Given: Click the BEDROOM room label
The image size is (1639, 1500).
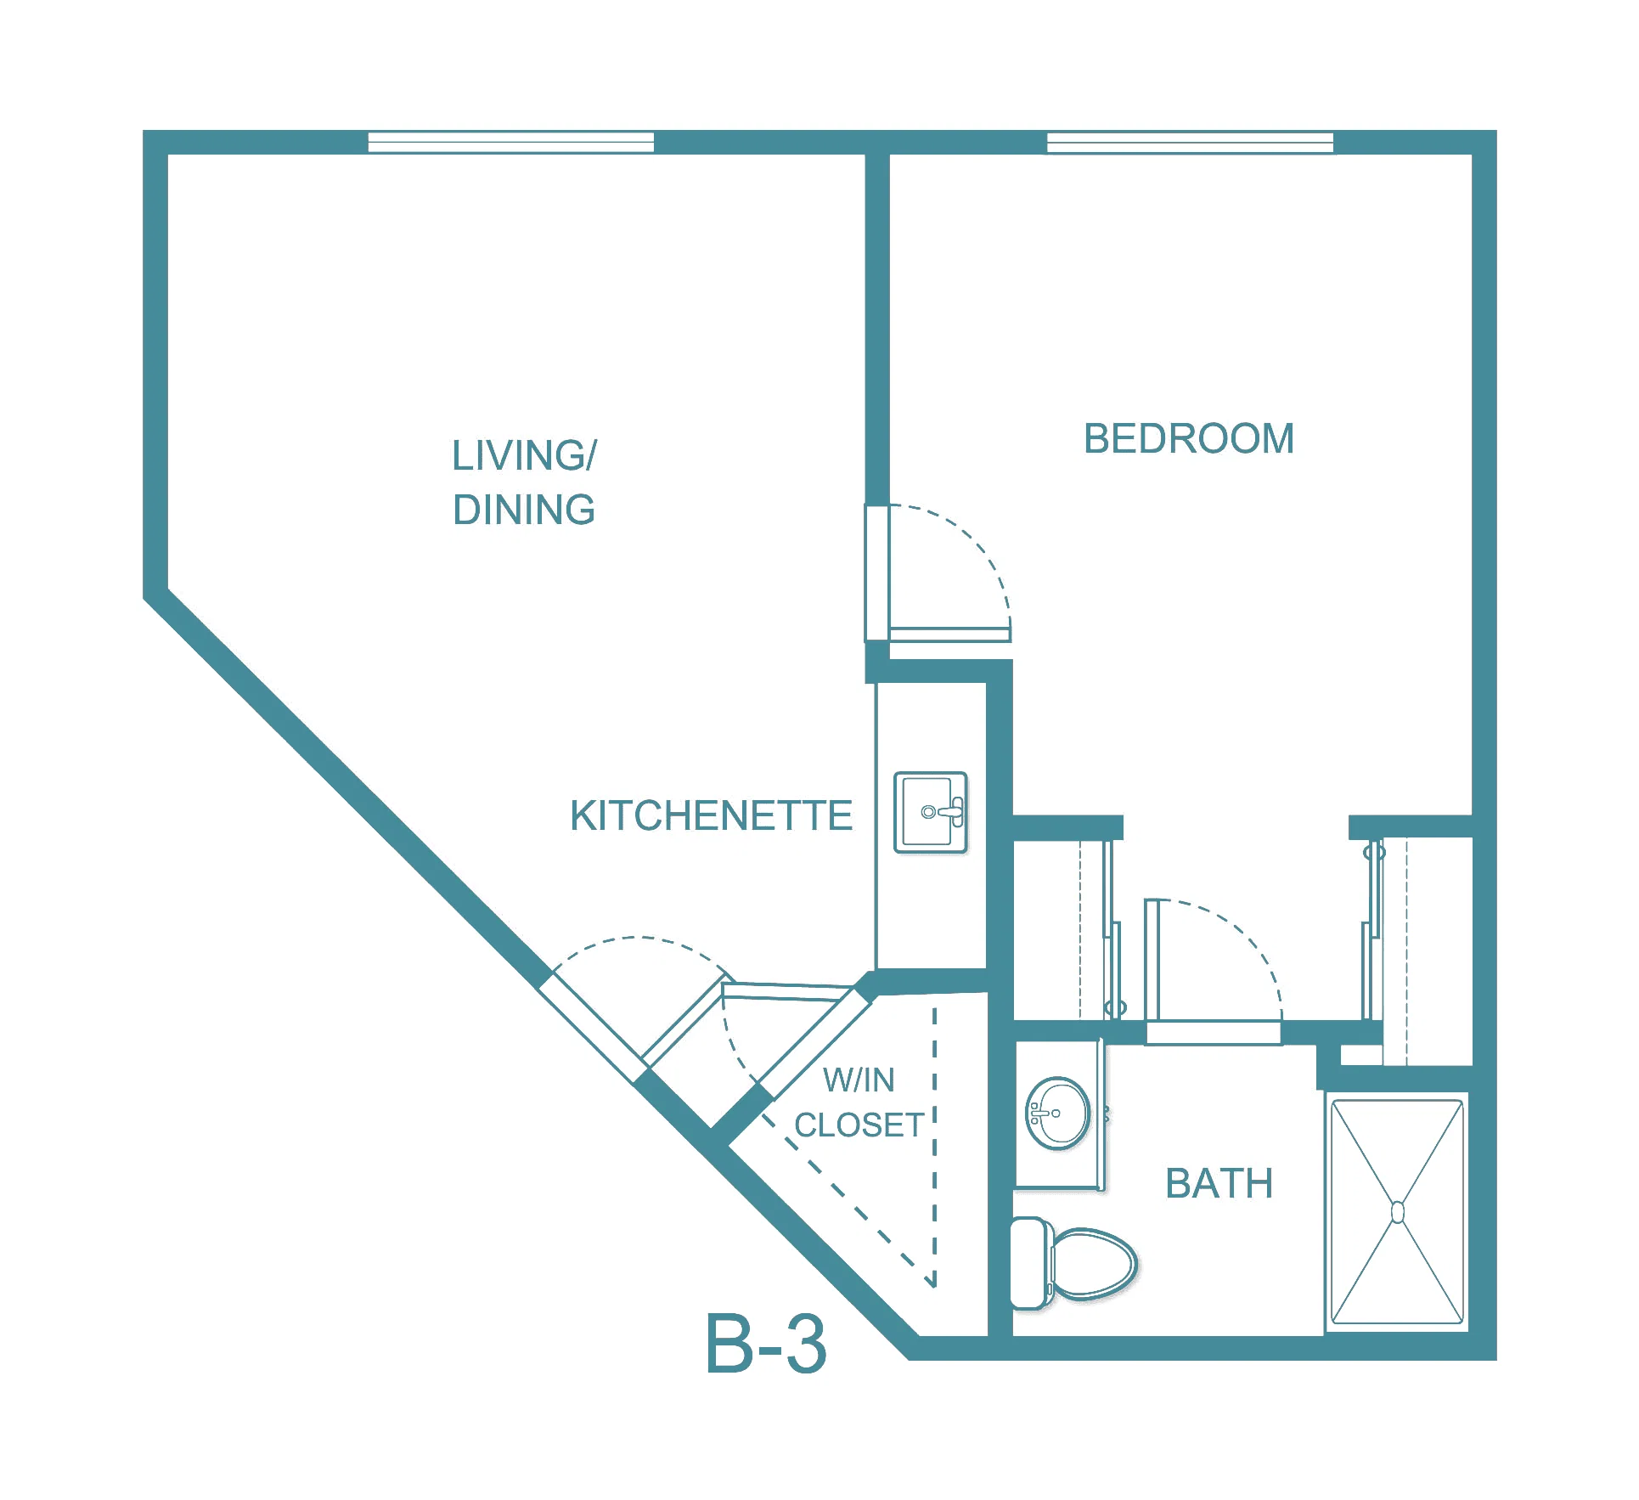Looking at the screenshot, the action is point(1189,439).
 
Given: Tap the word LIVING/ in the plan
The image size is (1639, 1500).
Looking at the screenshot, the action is point(524,455).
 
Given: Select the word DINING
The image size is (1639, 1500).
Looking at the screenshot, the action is point(524,510).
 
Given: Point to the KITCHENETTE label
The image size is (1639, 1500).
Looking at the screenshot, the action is point(711,815).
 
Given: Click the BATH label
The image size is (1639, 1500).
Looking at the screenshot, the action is point(1219,1183).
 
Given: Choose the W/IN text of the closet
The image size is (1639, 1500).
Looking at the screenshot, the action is point(859,1080).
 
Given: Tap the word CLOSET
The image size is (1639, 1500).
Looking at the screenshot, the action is point(859,1125).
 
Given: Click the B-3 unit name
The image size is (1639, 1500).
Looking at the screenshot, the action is point(765,1344).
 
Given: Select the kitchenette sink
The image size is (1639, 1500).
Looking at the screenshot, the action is point(931,812).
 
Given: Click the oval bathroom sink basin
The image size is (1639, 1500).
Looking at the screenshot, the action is point(1058,1114).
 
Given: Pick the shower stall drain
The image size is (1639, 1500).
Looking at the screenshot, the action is point(1398,1212).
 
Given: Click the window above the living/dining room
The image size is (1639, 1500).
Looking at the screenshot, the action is point(511,142).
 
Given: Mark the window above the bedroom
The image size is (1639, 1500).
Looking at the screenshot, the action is point(1190,142).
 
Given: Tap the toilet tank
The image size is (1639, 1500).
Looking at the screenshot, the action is point(1028,1264).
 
